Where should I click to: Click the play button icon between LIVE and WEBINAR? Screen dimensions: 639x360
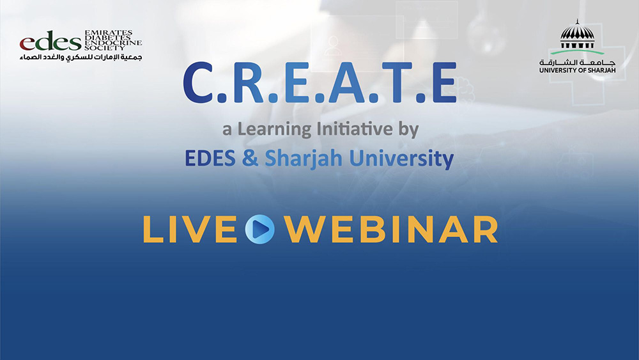pyautogui.click(x=259, y=229)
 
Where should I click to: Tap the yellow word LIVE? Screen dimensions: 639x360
pyautogui.click(x=190, y=230)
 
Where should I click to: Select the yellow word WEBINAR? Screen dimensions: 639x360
pyautogui.click(x=391, y=230)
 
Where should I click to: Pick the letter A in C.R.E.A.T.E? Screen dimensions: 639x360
pyautogui.click(x=346, y=83)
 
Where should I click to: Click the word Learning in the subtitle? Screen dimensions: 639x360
pyautogui.click(x=274, y=130)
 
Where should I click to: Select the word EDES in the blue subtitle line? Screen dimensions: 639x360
pyautogui.click(x=210, y=158)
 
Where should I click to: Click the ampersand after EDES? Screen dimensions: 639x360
pyautogui.click(x=250, y=158)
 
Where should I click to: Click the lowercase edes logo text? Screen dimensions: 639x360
pyautogui.click(x=50, y=41)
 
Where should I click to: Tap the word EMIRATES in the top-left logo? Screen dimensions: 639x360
pyautogui.click(x=109, y=32)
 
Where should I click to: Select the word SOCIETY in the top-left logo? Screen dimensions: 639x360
pyautogui.click(x=104, y=48)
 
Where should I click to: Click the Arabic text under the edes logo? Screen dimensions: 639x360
pyautogui.click(x=81, y=57)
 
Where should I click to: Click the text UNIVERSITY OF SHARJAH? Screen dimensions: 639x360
pyautogui.click(x=578, y=70)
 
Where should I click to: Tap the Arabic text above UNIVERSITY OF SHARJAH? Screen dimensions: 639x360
pyautogui.click(x=578, y=63)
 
